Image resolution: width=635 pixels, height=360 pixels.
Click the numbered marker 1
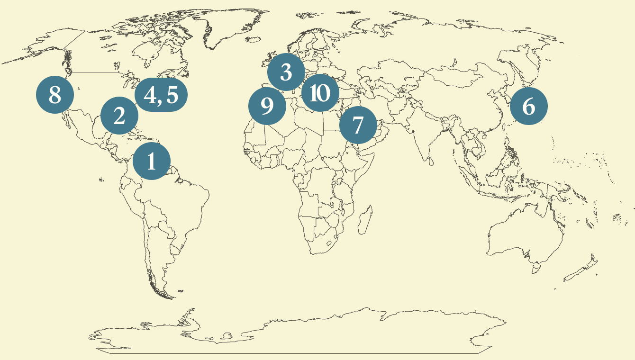click(x=152, y=162)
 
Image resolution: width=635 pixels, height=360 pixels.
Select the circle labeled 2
click(x=119, y=116)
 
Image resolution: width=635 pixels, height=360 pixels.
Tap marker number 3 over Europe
click(x=286, y=72)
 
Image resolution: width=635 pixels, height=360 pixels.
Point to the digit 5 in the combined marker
click(x=172, y=95)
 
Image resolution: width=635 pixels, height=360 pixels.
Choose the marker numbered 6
click(x=528, y=107)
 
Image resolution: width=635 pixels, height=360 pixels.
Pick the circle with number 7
click(x=358, y=125)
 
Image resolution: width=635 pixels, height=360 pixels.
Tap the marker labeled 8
click(x=55, y=95)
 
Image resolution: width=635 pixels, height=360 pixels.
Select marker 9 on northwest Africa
click(x=267, y=107)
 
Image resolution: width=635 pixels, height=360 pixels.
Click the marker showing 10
click(x=320, y=93)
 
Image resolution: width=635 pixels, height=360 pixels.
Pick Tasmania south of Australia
click(x=535, y=270)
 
